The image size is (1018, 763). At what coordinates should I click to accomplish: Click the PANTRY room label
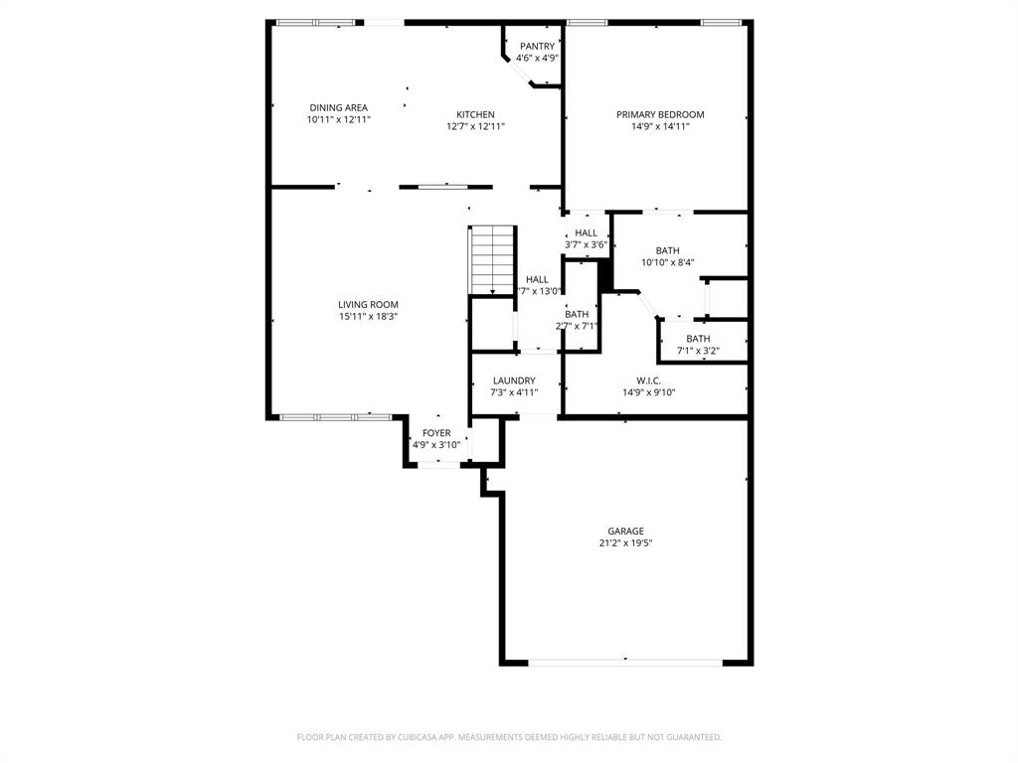click(537, 46)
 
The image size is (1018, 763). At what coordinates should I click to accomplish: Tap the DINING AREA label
click(338, 107)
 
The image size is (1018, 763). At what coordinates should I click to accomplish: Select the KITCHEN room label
click(475, 114)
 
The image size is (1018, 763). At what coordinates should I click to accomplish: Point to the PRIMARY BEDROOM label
click(659, 114)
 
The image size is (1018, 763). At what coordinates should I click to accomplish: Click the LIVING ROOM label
click(368, 304)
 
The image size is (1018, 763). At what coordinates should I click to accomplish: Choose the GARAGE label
click(626, 531)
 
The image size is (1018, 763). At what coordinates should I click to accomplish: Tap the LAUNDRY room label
click(514, 381)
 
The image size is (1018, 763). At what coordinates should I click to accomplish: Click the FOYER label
click(436, 433)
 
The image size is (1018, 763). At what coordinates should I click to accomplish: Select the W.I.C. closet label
click(648, 381)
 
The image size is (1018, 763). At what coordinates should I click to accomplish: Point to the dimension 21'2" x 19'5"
click(626, 542)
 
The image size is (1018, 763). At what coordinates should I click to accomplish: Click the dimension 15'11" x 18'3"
click(368, 316)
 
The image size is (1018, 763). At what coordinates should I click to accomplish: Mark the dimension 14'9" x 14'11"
click(659, 126)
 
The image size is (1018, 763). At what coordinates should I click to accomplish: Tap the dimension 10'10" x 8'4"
click(667, 262)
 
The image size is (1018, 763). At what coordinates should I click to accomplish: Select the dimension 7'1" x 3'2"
click(698, 350)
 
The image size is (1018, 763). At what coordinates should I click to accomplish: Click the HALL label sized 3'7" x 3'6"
click(586, 232)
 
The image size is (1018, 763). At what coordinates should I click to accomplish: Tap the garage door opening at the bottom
click(625, 661)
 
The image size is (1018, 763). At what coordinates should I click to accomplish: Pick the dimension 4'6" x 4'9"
click(537, 58)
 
